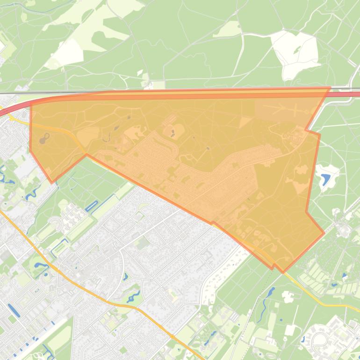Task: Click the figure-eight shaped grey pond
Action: [44, 138]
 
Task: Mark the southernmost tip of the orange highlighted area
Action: [282, 272]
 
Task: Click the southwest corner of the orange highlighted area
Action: [52, 182]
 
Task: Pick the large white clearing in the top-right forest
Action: [295, 54]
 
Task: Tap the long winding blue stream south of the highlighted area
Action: [266, 299]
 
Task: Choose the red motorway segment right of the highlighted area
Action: [346, 94]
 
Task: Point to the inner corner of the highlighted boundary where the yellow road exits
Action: [86, 155]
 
